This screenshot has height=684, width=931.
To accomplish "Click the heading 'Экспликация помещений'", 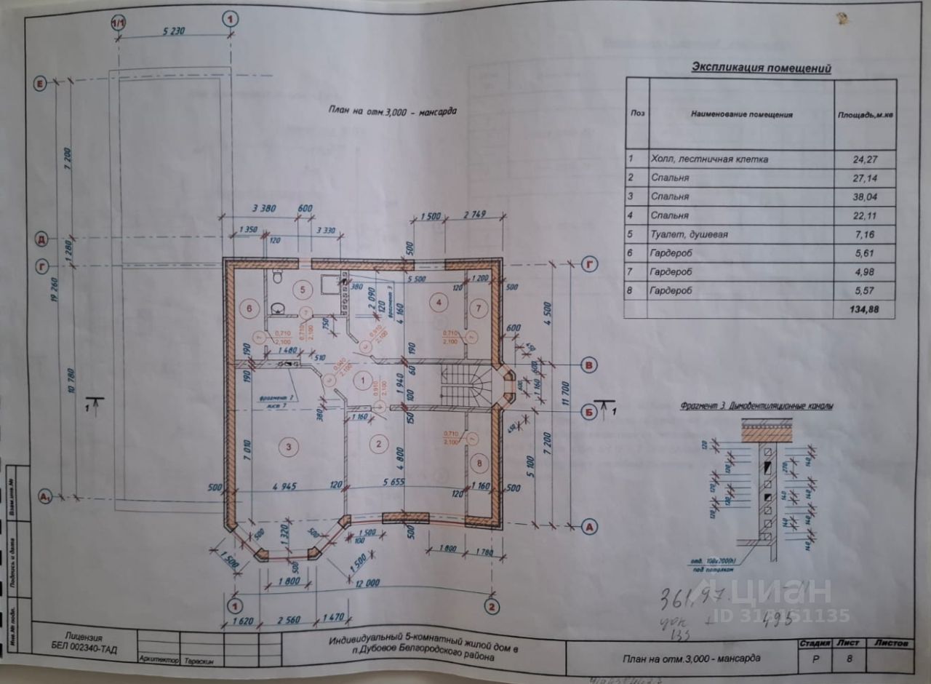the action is click(761, 68).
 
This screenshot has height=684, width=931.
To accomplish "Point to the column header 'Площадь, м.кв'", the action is click(865, 114).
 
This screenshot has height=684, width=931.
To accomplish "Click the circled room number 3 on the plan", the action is click(289, 445).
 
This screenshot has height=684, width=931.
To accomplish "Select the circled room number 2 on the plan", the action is click(377, 442).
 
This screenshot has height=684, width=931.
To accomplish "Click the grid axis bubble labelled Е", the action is click(41, 84).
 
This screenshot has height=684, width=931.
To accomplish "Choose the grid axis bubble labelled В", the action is click(591, 365).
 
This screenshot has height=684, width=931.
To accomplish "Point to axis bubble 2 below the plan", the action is click(492, 605).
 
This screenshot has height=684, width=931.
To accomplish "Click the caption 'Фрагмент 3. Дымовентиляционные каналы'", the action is click(757, 405).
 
